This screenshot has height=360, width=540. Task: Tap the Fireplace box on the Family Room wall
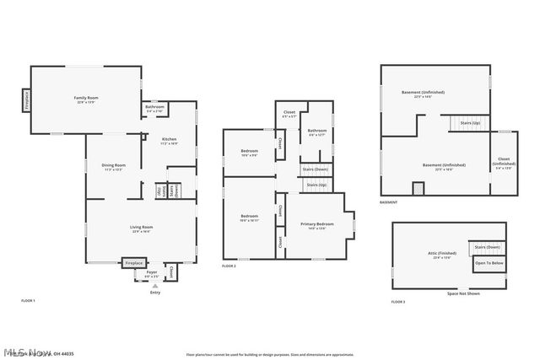[x=26, y=100]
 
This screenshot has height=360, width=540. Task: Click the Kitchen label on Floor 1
[x=169, y=140]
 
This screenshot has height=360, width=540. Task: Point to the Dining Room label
[x=114, y=166]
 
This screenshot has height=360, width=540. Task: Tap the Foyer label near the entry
[x=152, y=273]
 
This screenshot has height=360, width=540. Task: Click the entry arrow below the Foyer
[x=154, y=286]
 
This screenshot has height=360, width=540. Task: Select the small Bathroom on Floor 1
[x=154, y=109]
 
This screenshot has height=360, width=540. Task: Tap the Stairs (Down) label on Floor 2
[x=316, y=169]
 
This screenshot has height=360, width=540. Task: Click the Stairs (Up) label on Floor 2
[x=316, y=185]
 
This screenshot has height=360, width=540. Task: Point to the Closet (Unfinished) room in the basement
[x=504, y=165]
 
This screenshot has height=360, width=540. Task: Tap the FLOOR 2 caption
[x=229, y=266]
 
